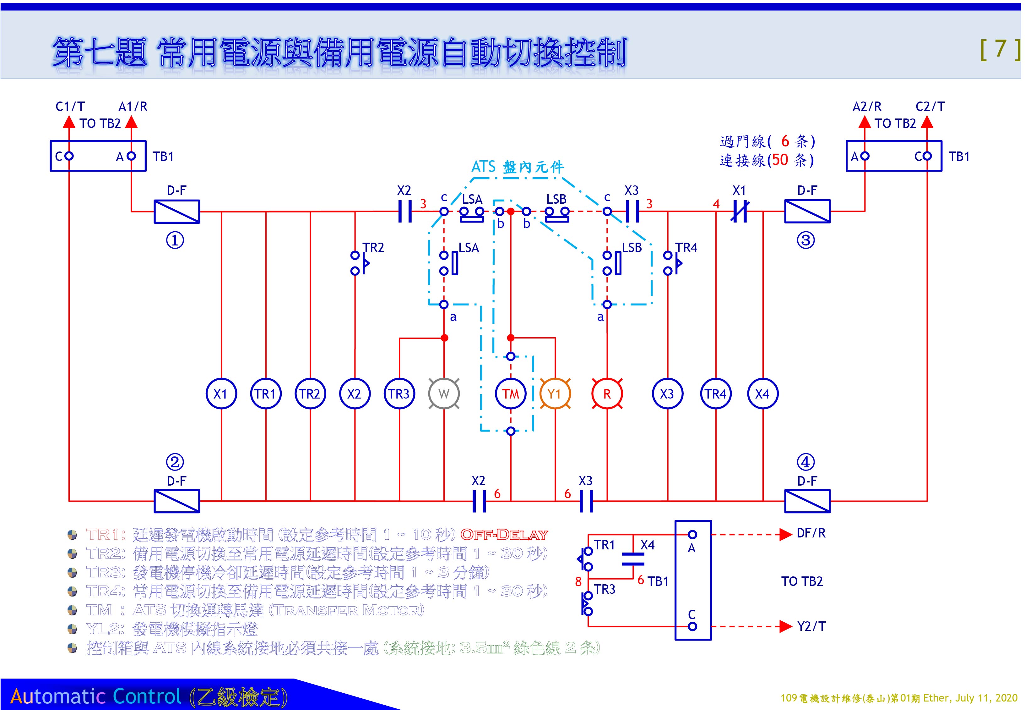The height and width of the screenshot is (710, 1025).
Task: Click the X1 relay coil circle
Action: [x=221, y=394]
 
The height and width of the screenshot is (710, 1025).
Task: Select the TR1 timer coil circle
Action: [x=265, y=394]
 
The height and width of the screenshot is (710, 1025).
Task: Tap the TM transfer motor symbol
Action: [x=511, y=394]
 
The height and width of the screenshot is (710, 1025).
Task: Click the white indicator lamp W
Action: [x=444, y=394]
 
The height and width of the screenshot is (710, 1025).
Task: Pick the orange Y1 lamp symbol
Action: [x=555, y=394]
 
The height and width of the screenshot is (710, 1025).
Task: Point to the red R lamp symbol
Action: [x=607, y=394]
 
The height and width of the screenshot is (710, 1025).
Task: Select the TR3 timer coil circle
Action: [x=399, y=394]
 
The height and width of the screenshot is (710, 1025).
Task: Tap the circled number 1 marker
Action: [x=175, y=240]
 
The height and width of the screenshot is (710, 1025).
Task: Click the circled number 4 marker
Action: [x=805, y=462]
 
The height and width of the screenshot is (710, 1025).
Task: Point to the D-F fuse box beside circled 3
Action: [x=807, y=211]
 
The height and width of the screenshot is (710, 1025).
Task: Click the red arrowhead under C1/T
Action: [x=69, y=121]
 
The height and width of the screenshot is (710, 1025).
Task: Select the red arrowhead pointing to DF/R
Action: [x=785, y=534]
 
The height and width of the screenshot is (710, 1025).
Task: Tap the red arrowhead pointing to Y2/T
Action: [x=785, y=626]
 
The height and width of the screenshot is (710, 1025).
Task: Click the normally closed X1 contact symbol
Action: [x=740, y=211]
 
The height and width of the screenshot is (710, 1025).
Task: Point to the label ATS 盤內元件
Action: [x=518, y=167]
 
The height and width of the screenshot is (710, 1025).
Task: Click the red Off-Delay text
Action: [x=504, y=535]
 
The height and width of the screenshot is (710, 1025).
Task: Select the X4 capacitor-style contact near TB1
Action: [x=633, y=559]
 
